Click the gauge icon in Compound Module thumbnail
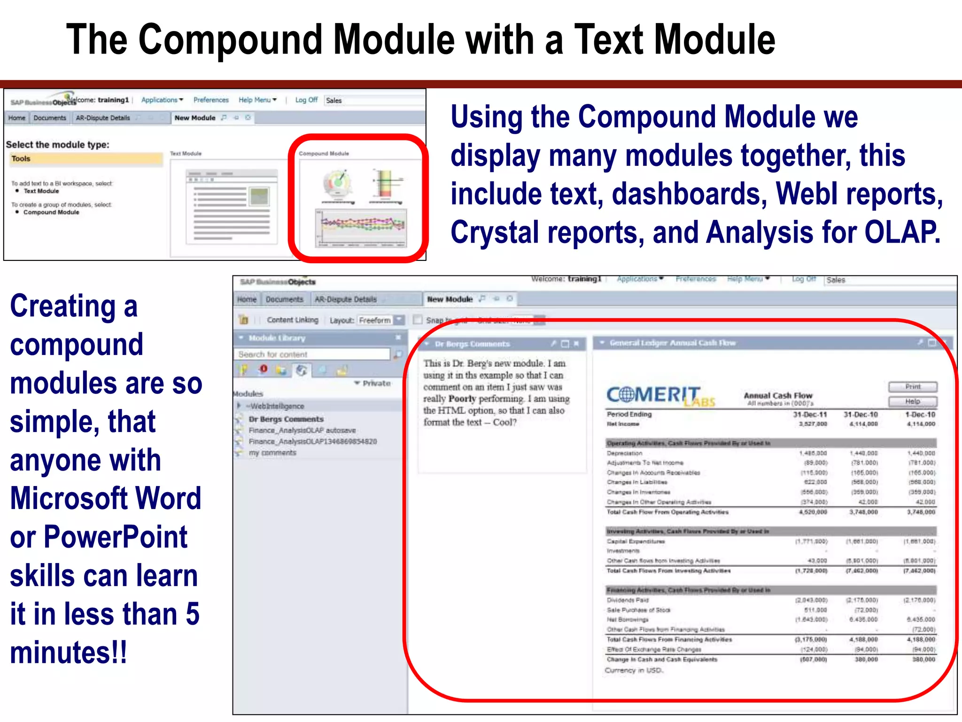(337, 184)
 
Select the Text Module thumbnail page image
(232, 207)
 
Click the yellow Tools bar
(85, 159)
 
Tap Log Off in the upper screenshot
(306, 100)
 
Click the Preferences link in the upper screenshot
(211, 100)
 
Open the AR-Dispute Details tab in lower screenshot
(346, 299)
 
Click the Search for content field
(312, 354)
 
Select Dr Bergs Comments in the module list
(286, 419)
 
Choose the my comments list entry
(272, 453)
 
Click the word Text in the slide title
(609, 40)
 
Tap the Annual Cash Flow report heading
(778, 395)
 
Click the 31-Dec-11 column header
(810, 415)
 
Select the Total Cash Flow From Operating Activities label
(667, 512)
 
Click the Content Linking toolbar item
(292, 320)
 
